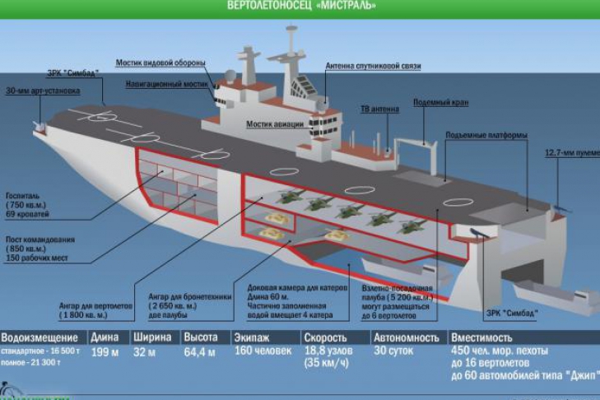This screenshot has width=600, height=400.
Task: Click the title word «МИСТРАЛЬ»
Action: pos(347,5)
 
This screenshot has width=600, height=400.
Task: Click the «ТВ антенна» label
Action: pos(379,108)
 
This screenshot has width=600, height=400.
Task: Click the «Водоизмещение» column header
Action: pos(39,337)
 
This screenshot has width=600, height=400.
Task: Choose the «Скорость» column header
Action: pos(325,337)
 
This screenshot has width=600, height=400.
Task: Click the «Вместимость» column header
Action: pos(481,337)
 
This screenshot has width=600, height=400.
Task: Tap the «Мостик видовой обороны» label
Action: pos(160,63)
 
